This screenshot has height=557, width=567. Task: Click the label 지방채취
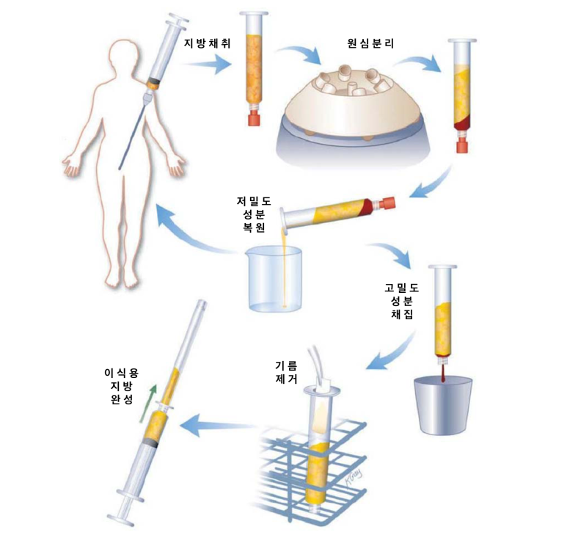pyautogui.click(x=207, y=43)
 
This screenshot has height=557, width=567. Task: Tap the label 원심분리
pyautogui.click(x=370, y=43)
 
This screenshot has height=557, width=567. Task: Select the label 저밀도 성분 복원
pyautogui.click(x=254, y=214)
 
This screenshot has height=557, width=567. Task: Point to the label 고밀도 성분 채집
pyautogui.click(x=401, y=301)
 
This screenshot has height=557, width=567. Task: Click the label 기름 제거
pyautogui.click(x=286, y=372)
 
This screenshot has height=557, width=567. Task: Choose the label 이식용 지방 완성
pyautogui.click(x=122, y=386)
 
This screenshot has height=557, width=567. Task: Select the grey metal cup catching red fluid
pyautogui.click(x=443, y=405)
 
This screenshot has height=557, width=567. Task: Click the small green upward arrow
pyautogui.click(x=148, y=404)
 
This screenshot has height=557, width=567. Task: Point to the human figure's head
pyautogui.click(x=125, y=54)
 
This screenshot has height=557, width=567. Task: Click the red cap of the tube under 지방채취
pyautogui.click(x=255, y=120)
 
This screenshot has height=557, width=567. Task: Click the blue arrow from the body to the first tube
pyautogui.click(x=206, y=65)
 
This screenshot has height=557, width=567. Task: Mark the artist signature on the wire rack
pyautogui.click(x=352, y=478)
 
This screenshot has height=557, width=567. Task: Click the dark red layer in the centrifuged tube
pyautogui.click(x=462, y=124)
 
